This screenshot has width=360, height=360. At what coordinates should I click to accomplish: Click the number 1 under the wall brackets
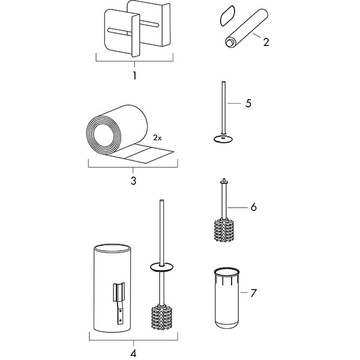134,76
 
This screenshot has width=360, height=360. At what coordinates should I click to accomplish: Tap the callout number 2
266,42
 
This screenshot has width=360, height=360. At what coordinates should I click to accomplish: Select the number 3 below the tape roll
133,181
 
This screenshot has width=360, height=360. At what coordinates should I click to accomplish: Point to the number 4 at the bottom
133,353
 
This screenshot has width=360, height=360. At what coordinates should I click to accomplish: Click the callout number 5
248,103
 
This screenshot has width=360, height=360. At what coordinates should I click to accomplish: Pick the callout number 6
253,207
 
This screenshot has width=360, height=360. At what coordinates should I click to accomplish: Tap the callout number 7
253,293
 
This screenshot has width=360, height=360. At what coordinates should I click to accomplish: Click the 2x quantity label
157,138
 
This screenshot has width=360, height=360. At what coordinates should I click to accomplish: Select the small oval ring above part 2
227,16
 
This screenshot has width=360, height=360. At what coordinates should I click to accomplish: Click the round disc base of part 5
224,139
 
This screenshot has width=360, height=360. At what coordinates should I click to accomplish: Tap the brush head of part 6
224,230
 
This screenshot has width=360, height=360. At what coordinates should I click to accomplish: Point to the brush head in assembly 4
161,317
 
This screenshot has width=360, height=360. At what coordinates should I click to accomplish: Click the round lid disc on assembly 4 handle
161,267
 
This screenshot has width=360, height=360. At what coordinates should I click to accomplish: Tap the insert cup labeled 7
227,298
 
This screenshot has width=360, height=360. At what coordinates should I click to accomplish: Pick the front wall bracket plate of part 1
122,33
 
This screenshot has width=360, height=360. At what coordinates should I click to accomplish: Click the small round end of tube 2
229,43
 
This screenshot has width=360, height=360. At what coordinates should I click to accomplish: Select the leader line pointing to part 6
238,208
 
